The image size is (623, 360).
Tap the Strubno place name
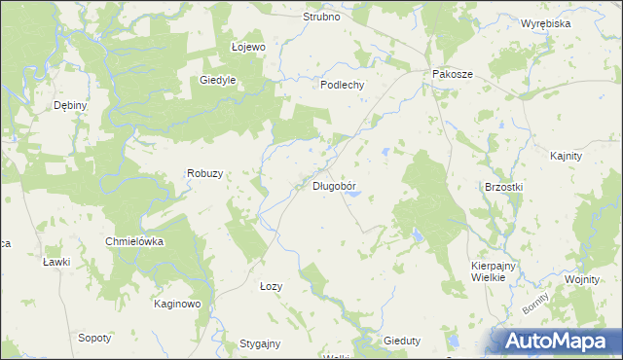coord(321,18)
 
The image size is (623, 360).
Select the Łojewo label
coord(248,46)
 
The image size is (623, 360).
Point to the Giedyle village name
coord(219,81)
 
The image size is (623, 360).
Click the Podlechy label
coord(343,85)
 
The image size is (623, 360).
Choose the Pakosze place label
coord(452,74)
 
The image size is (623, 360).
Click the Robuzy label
coord(205,173)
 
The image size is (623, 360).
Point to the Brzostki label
coord(504,187)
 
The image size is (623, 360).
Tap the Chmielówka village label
coord(134,240)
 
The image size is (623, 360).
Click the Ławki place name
coord(56,263)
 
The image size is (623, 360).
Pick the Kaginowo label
coord(177,304)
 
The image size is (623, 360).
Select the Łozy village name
coord(271,286)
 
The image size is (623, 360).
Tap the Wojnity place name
coord(580,279)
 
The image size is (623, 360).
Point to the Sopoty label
coord(94,338)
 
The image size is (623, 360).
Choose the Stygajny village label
coord(260,343)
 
